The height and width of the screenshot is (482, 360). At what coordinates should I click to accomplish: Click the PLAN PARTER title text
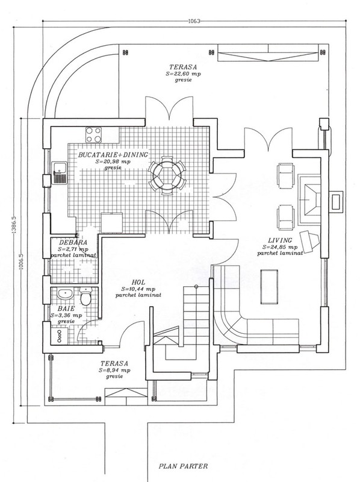pyautogui.click(x=183, y=466)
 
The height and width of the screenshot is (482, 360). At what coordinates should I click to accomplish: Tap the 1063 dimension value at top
pyautogui.click(x=194, y=21)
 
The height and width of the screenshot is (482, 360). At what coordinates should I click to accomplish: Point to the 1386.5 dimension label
pyautogui.click(x=13, y=225)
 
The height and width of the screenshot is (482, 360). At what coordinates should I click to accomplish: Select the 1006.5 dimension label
pyautogui.click(x=21, y=262)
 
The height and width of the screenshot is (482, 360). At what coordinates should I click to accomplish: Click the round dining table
pyautogui.click(x=167, y=175)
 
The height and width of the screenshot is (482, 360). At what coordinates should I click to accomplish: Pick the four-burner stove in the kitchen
pyautogui.click(x=93, y=135)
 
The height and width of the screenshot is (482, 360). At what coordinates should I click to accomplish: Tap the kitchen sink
pyautogui.click(x=59, y=173)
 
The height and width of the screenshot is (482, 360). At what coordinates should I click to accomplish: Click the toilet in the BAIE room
pyautogui.click(x=85, y=296)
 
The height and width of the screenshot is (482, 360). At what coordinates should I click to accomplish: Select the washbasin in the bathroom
pyautogui.click(x=65, y=294)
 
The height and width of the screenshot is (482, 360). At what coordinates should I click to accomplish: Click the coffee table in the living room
pyautogui.click(x=269, y=287)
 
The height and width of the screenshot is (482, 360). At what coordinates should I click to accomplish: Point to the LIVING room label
pyautogui.click(x=280, y=240)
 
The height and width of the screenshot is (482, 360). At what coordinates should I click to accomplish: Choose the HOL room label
pyautogui.click(x=138, y=282)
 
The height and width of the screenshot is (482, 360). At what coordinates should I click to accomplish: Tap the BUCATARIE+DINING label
pyautogui.click(x=113, y=155)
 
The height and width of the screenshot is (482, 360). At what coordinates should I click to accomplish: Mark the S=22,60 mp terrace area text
pyautogui.click(x=184, y=74)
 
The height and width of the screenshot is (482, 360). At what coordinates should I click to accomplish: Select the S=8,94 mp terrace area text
pyautogui.click(x=114, y=371)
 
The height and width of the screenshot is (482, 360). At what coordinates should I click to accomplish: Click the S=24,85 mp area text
pyautogui.click(x=280, y=247)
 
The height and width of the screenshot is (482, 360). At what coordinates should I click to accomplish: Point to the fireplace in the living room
pyautogui.click(x=309, y=200)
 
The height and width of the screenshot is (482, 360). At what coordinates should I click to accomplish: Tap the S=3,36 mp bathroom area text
pyautogui.click(x=66, y=315)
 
